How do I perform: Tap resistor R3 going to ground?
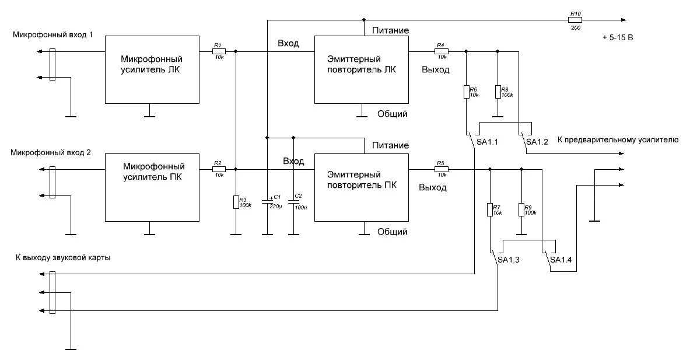click(x=235, y=202)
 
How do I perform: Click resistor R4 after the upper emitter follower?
click(x=441, y=51)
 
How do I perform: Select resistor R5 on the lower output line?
click(x=441, y=170)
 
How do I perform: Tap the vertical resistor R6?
click(x=466, y=92)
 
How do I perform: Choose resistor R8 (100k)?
click(x=498, y=92)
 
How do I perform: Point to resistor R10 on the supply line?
click(x=575, y=19)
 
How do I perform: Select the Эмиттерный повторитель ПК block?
click(x=362, y=187)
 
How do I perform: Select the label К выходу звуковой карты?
click(x=64, y=258)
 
